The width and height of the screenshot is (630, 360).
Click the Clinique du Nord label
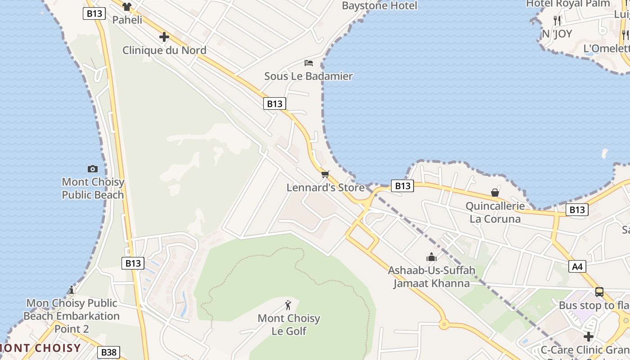tap(164, 50)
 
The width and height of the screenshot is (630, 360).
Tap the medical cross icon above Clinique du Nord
tap(164, 37)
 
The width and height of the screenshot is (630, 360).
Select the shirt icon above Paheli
tap(127, 7)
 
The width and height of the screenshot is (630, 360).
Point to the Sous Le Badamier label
tap(308, 76)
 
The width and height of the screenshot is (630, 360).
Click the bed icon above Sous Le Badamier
tap(309, 63)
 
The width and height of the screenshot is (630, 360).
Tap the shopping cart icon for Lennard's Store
tap(325, 174)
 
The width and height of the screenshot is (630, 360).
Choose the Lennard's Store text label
tap(325, 187)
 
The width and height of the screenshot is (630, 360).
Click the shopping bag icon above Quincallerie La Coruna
tap(495, 193)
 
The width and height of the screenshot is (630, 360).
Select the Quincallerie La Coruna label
tap(495, 212)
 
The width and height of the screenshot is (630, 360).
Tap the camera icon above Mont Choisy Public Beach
tap(93, 169)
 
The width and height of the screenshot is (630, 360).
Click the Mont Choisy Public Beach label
tap(93, 189)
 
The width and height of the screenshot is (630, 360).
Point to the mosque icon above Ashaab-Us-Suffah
tap(432, 257)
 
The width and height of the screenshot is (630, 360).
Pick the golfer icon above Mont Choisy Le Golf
tap(288, 305)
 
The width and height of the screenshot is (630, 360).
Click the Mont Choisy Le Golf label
tap(288, 324)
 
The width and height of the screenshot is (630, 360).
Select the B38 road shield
tap(108, 352)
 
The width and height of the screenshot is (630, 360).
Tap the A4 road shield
tap(577, 266)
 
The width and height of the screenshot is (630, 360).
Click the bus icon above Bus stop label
tap(599, 292)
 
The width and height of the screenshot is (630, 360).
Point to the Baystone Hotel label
tap(379, 6)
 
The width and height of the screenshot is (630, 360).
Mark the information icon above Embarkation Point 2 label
tap(71, 290)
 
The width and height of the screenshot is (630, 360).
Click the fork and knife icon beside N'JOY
tap(557, 20)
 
